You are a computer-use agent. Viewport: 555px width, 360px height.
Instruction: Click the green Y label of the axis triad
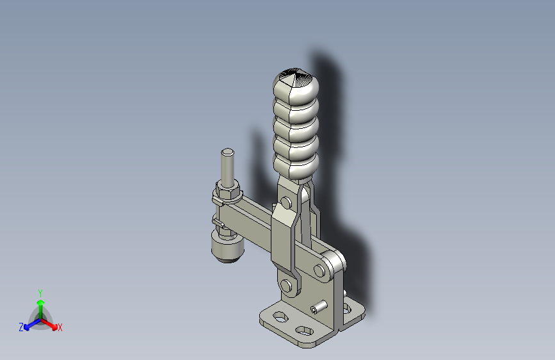(40, 293)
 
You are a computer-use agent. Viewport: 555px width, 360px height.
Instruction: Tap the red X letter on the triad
(60, 327)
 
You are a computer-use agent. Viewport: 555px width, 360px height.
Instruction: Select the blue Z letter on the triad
(21, 327)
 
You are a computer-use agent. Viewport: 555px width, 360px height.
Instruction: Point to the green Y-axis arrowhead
(40, 303)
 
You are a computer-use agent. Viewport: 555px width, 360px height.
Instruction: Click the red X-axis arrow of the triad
(49, 324)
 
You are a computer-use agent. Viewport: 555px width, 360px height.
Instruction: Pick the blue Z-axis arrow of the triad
(32, 324)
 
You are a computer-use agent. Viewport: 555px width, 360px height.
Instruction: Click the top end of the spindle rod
(227, 152)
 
